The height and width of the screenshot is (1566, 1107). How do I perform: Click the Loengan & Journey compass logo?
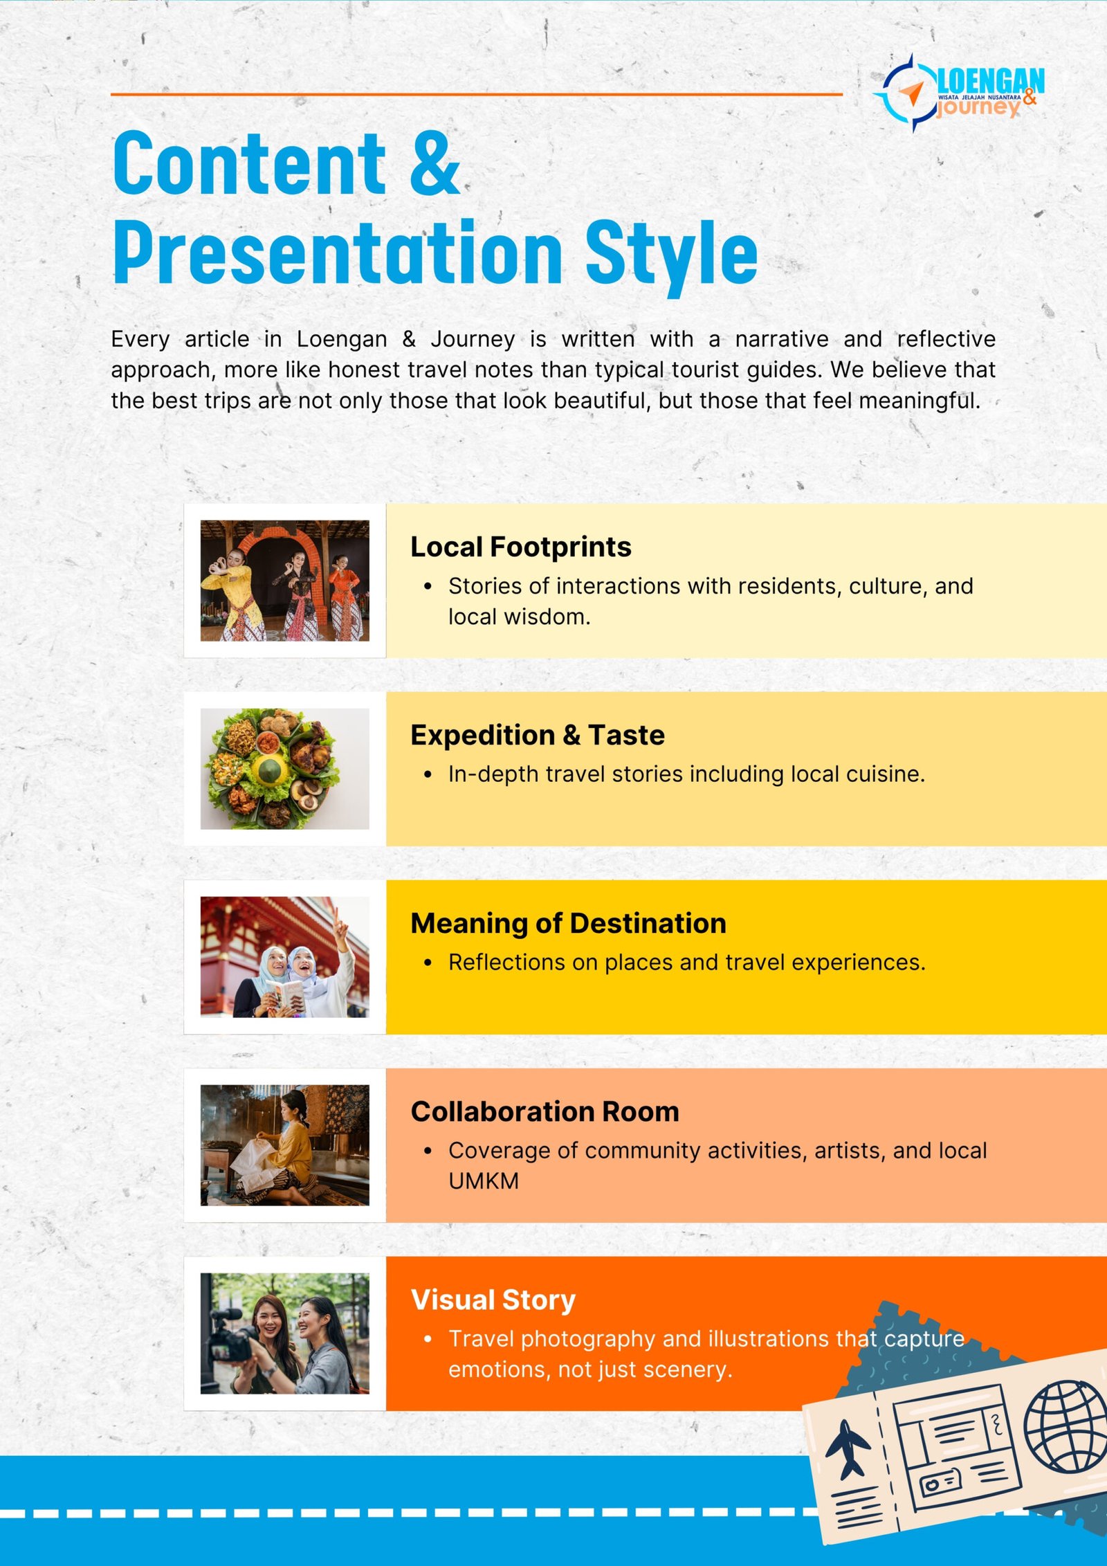[x=958, y=93]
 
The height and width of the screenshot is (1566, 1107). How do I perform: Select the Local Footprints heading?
[x=520, y=547]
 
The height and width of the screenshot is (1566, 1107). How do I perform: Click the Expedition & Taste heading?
[x=537, y=735]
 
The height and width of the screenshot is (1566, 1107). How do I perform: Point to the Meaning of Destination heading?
[x=568, y=923]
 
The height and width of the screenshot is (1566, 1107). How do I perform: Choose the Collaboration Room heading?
[x=545, y=1111]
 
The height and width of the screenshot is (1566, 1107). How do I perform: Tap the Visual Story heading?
[x=493, y=1300]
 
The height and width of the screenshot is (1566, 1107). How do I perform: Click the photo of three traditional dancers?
[x=284, y=581]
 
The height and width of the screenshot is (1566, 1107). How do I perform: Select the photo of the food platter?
[x=284, y=769]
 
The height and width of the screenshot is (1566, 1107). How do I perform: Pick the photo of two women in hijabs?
[x=284, y=957]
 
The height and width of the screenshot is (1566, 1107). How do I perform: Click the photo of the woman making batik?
[x=284, y=1145]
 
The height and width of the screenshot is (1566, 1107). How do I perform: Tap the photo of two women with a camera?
[x=284, y=1333]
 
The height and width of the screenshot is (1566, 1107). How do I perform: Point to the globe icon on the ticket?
[x=1067, y=1427]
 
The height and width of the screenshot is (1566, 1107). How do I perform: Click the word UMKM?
[x=484, y=1181]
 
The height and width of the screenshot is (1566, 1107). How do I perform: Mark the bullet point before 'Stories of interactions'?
[x=428, y=587]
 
